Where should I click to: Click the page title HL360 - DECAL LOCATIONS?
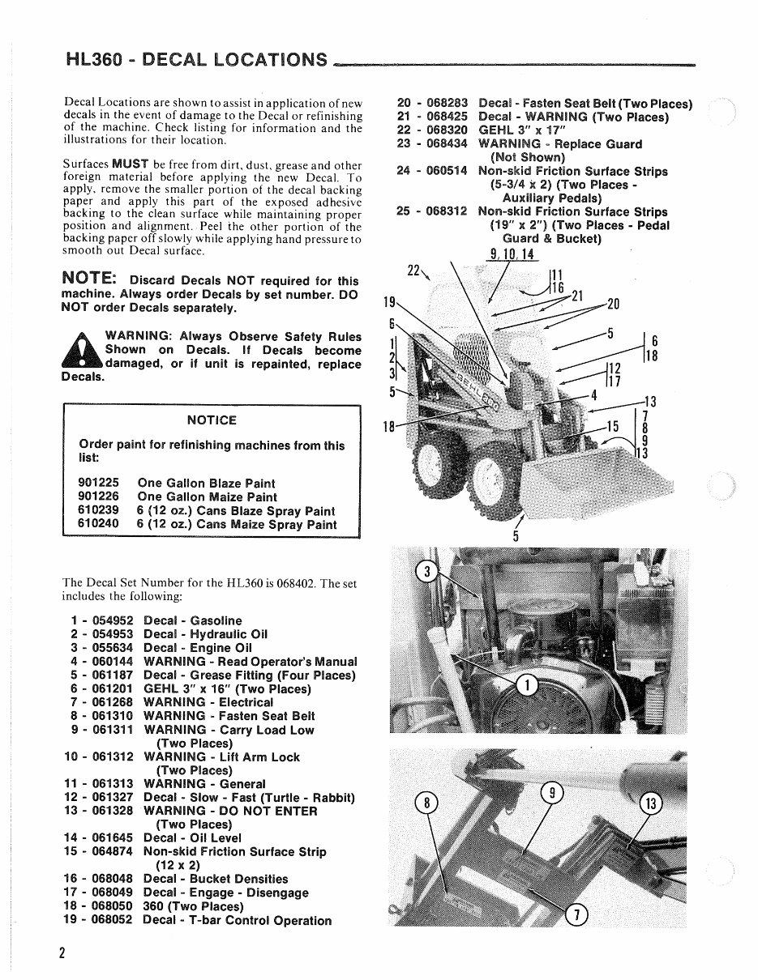(196, 59)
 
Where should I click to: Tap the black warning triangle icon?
(84, 353)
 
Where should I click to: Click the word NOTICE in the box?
(212, 420)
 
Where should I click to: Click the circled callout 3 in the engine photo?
(426, 573)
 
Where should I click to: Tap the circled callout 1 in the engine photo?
(527, 686)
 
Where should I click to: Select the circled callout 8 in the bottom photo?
(426, 803)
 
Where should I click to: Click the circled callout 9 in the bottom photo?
(551, 794)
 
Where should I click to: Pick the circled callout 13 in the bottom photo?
(651, 803)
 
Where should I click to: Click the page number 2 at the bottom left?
(62, 952)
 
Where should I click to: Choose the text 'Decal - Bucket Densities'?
(216, 879)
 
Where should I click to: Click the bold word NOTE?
(92, 279)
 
